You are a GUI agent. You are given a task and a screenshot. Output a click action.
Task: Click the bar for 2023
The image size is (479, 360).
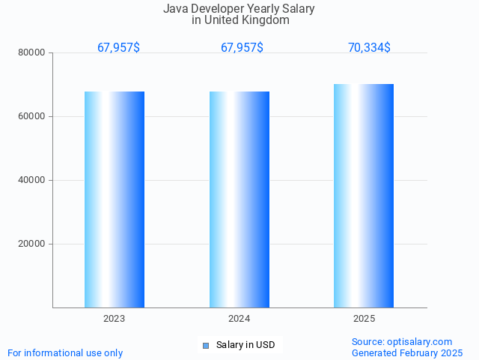[115, 199]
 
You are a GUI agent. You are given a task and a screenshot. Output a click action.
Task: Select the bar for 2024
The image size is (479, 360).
[239, 199]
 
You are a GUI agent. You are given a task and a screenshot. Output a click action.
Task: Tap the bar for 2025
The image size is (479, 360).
[364, 196]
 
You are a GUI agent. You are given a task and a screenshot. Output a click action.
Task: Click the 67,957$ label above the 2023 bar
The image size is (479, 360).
[118, 47]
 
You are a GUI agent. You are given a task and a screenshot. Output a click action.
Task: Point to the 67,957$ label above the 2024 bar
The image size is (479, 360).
[242, 47]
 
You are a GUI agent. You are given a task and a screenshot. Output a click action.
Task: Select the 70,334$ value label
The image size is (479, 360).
[369, 47]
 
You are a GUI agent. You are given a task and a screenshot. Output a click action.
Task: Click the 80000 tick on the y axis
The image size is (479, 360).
[31, 52]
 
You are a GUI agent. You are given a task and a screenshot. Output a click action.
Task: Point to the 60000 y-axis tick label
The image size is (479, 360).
[31, 116]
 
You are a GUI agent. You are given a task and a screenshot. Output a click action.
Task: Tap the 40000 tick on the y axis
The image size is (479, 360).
[31, 180]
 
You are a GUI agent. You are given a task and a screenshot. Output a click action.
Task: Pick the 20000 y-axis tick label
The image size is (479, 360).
[31, 244]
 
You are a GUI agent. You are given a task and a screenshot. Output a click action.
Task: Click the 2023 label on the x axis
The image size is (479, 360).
[115, 319]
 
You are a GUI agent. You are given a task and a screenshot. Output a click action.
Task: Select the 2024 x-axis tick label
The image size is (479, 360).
[239, 319]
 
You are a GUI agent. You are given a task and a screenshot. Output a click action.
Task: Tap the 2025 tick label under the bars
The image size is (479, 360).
[364, 319]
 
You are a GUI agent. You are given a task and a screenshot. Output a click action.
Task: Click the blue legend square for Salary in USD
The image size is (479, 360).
[205, 345]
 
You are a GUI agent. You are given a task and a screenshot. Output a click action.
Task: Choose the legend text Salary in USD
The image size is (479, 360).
[245, 345]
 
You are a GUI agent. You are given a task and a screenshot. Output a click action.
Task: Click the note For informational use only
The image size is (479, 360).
[65, 352]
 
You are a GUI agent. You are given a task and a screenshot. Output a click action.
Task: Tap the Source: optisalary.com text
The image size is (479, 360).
[402, 341]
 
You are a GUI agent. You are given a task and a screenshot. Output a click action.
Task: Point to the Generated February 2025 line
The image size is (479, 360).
[407, 352]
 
